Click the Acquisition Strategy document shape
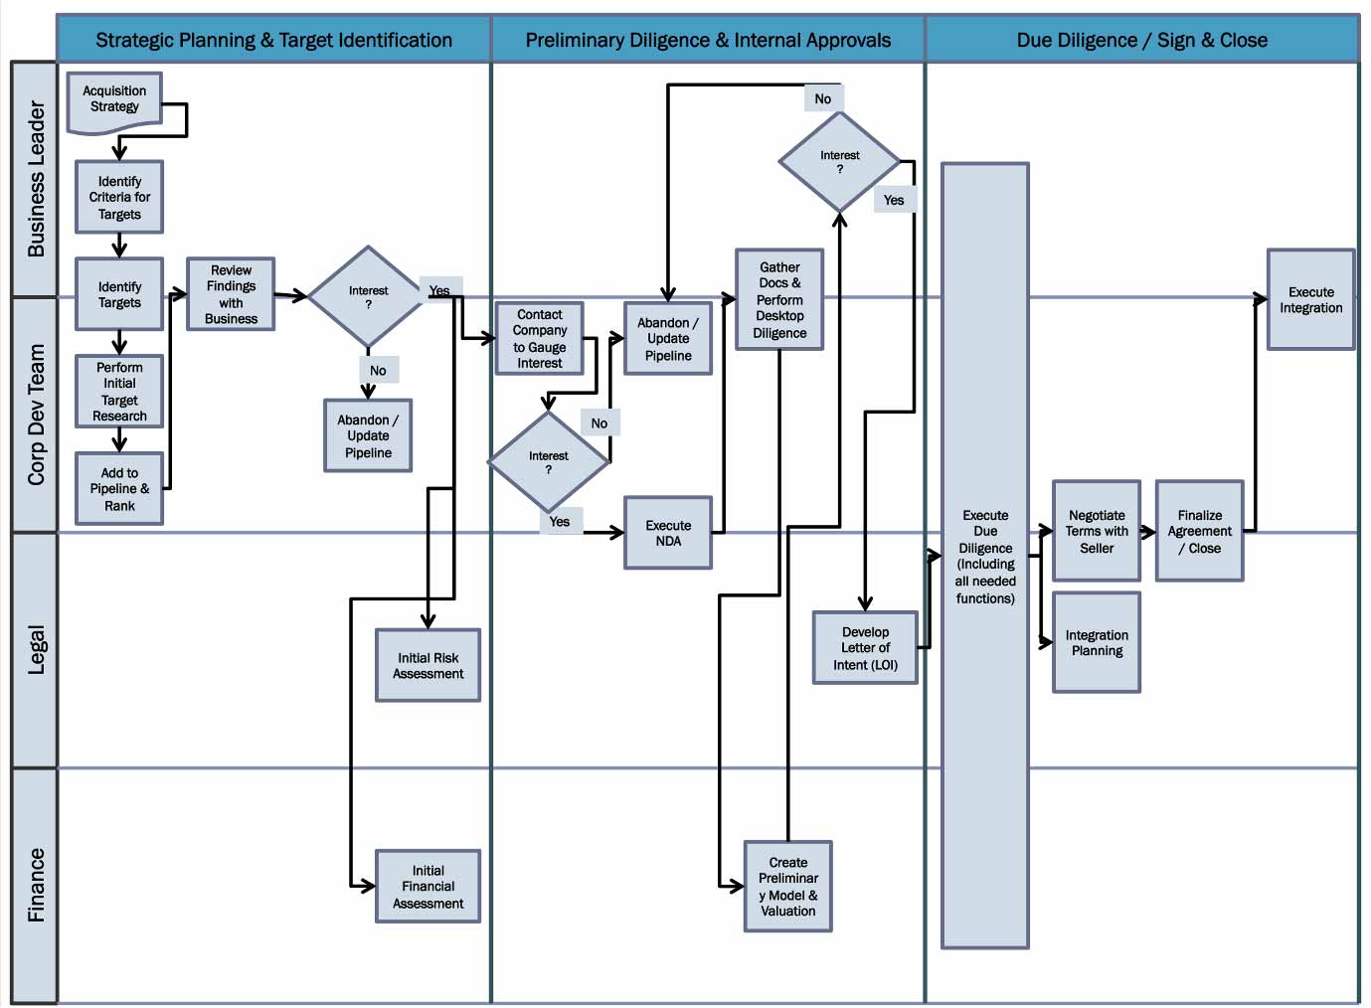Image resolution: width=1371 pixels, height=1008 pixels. [x=114, y=100]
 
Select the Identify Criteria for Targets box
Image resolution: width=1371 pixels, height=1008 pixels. [x=119, y=198]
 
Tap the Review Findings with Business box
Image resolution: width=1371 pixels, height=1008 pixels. [x=231, y=294]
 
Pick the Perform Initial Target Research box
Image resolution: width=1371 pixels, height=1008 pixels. [x=119, y=392]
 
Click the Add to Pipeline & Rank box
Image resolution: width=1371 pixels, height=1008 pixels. [x=119, y=489]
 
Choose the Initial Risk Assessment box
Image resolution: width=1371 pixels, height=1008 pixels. [x=428, y=666]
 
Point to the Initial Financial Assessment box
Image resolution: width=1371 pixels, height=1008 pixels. [x=428, y=887]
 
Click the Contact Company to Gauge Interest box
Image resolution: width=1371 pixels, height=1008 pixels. [x=540, y=339]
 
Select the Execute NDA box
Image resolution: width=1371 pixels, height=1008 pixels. [x=668, y=533]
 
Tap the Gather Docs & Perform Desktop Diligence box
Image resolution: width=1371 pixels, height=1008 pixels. [x=779, y=300]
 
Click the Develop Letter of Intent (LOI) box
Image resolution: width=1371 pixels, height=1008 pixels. [x=865, y=648]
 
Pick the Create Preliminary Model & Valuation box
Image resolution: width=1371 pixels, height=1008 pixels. [x=788, y=887]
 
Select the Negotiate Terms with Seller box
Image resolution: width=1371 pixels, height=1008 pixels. [x=1097, y=532]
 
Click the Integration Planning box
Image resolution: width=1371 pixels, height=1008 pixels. [x=1097, y=643]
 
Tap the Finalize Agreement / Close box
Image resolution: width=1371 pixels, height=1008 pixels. [x=1200, y=532]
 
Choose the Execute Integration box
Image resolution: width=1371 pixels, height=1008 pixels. [x=1310, y=300]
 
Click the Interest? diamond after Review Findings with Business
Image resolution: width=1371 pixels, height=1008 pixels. [x=368, y=297]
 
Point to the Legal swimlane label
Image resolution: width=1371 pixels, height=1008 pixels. [x=36, y=650]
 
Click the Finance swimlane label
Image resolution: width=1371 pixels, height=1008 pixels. [x=36, y=885]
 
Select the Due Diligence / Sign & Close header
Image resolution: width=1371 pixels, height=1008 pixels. [x=1141, y=41]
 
